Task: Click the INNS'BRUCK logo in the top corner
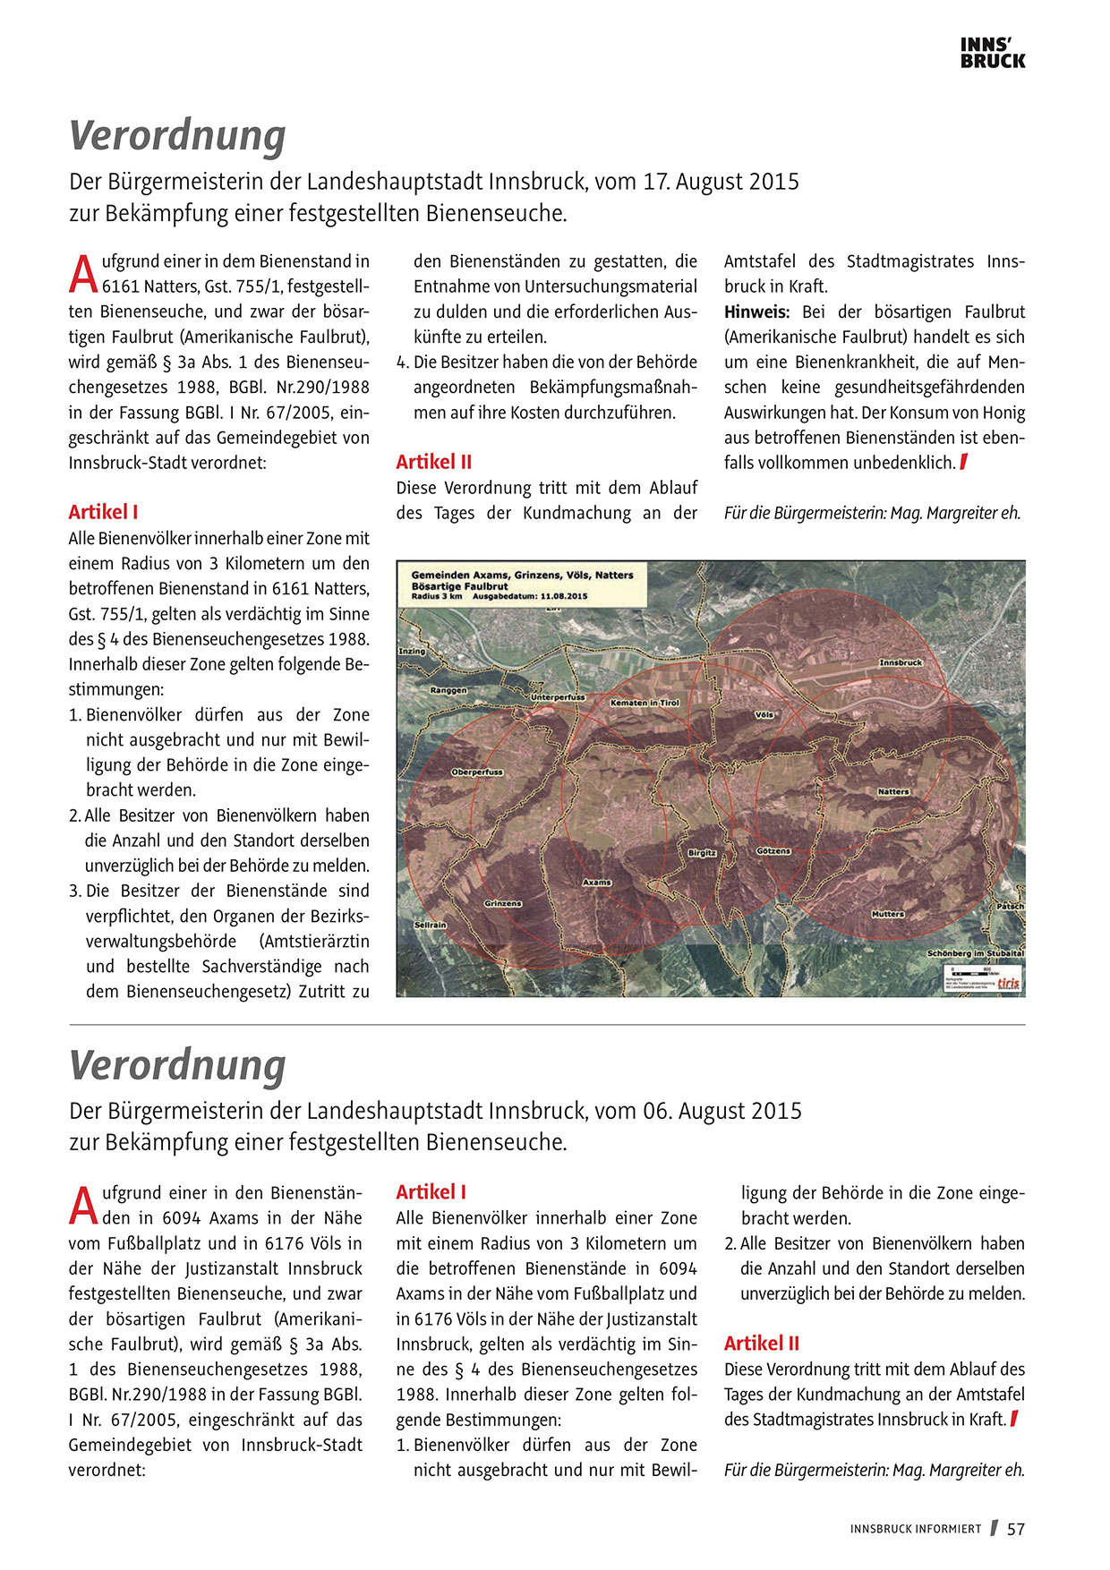point(992,53)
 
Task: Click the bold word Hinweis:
point(756,312)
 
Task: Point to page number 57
point(1015,1529)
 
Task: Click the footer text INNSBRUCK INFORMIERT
point(915,1529)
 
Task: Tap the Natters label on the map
point(892,791)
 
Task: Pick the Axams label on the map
point(597,882)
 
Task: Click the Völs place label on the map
point(764,715)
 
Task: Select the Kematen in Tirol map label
point(645,703)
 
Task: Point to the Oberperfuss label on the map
point(477,772)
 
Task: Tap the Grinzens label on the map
point(502,903)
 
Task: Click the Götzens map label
point(773,850)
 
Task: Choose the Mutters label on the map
point(887,914)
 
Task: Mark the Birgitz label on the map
point(702,853)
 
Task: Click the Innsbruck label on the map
point(900,662)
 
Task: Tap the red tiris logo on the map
point(1009,981)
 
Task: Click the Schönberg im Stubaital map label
point(975,953)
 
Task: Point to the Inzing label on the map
point(412,651)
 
